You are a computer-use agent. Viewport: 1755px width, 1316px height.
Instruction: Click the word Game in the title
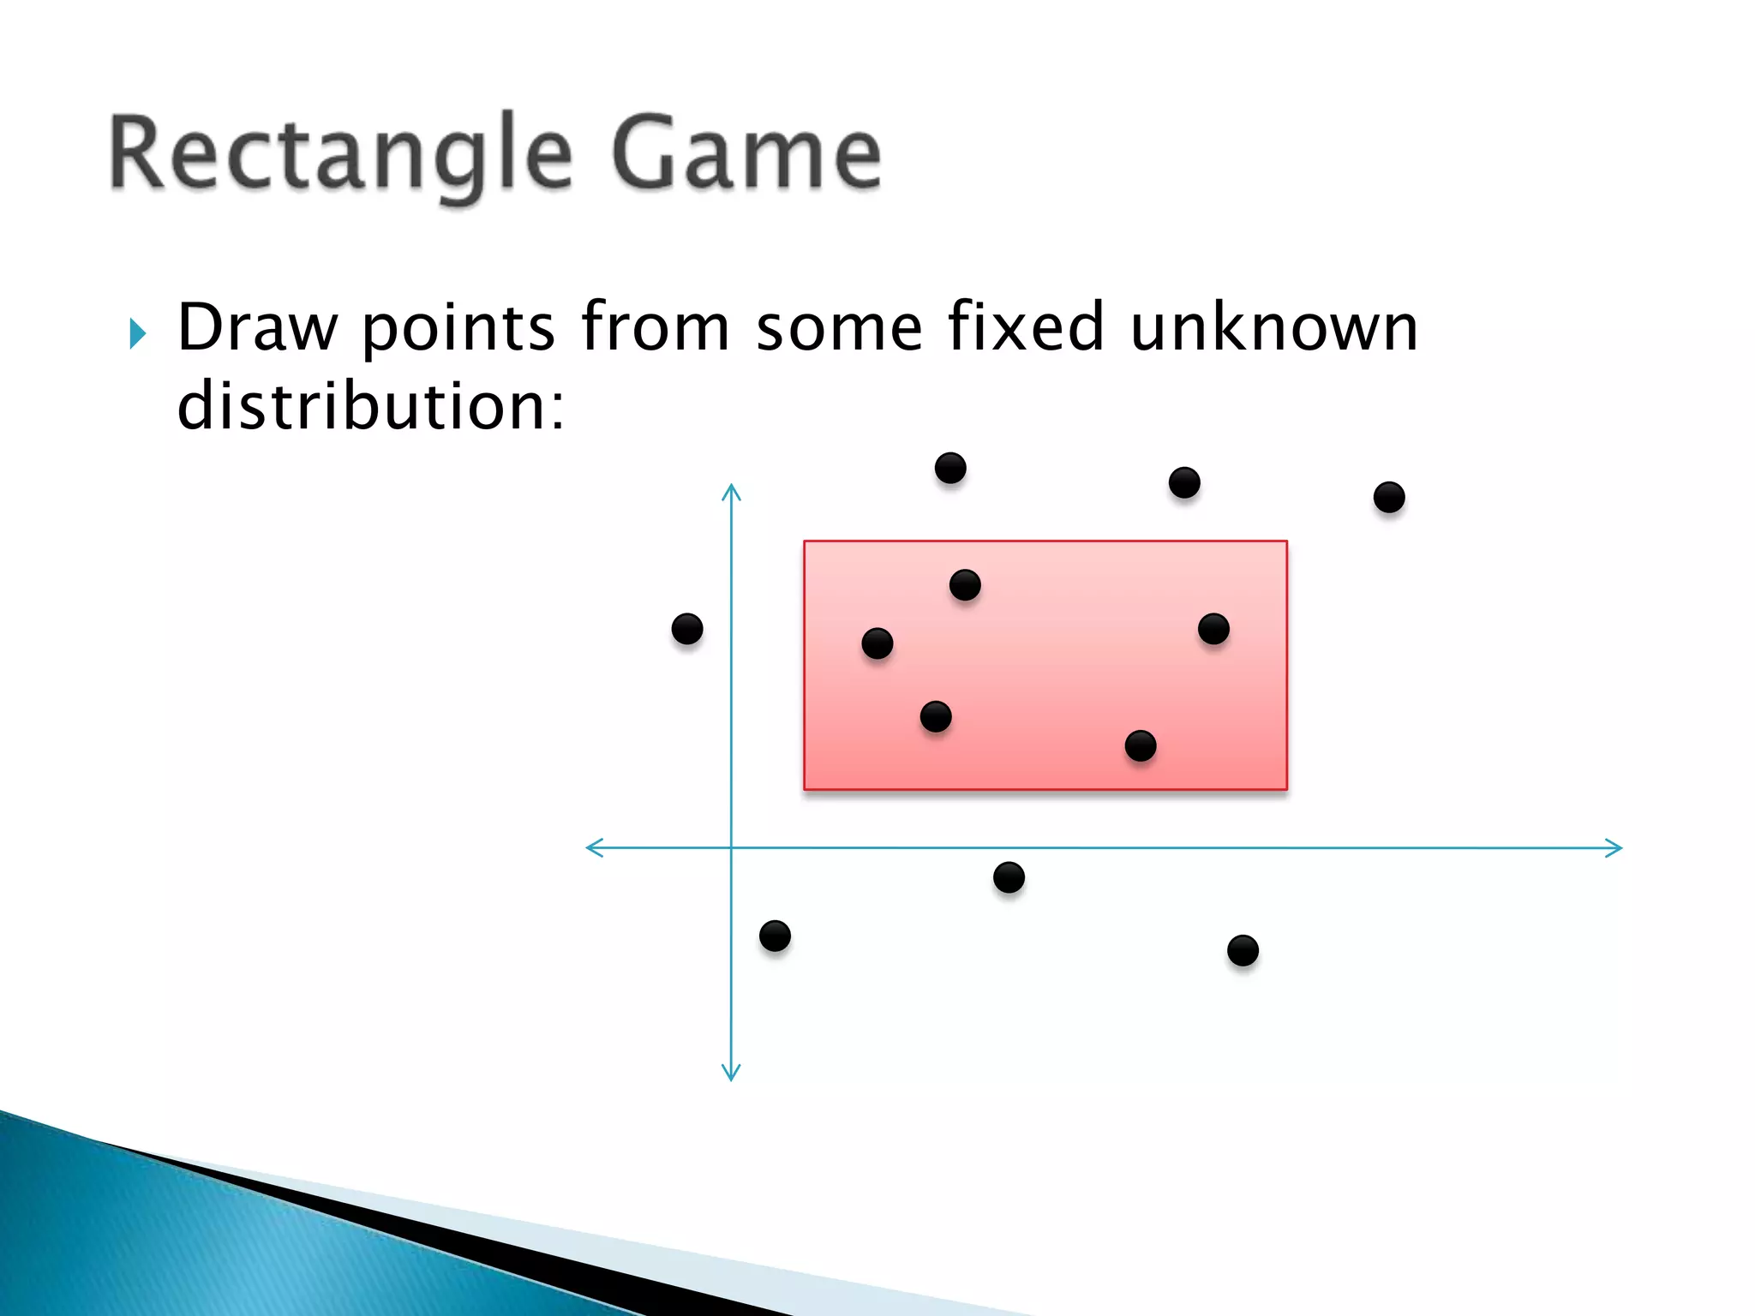[746, 154]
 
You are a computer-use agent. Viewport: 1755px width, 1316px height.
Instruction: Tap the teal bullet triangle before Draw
[137, 333]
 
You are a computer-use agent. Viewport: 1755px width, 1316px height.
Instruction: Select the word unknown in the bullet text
[1273, 327]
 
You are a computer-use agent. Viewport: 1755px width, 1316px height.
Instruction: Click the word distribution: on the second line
[370, 406]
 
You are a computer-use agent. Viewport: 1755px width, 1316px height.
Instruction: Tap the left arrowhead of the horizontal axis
[592, 848]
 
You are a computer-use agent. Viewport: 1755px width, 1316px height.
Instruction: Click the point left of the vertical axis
[687, 629]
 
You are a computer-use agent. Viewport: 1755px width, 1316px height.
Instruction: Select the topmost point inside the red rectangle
[965, 585]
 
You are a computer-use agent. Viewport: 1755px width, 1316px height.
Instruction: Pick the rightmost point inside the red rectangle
[1213, 629]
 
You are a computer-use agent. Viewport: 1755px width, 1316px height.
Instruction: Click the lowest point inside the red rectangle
[1141, 745]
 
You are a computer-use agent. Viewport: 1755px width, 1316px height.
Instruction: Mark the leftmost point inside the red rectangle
[877, 643]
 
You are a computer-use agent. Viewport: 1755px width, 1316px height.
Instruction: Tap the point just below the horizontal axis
[1009, 877]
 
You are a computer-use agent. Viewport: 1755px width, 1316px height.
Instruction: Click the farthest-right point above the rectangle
[1389, 497]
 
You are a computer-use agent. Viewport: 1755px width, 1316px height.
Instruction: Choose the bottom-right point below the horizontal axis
[1243, 950]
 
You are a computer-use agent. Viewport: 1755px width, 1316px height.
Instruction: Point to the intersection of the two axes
[731, 848]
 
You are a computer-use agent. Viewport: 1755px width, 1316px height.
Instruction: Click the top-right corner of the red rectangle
[1287, 541]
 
